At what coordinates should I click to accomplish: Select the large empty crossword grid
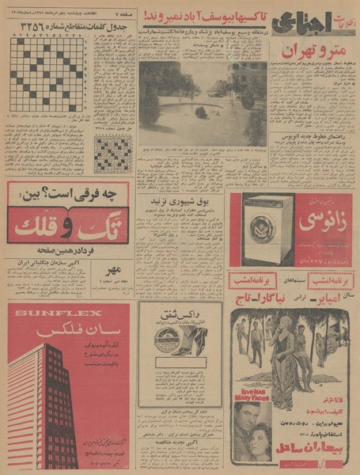[48, 75]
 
